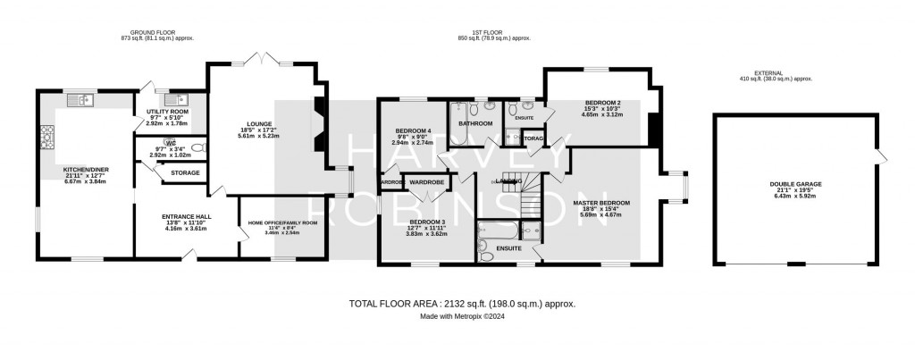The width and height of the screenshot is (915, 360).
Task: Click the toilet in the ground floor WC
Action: (x=198, y=148)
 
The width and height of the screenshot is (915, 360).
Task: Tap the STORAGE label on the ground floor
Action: (x=185, y=172)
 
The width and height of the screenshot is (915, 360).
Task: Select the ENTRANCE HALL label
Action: (x=186, y=217)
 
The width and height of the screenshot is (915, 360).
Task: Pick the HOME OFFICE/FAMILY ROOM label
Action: (x=282, y=222)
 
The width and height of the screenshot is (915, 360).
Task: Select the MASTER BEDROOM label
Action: (x=600, y=203)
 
